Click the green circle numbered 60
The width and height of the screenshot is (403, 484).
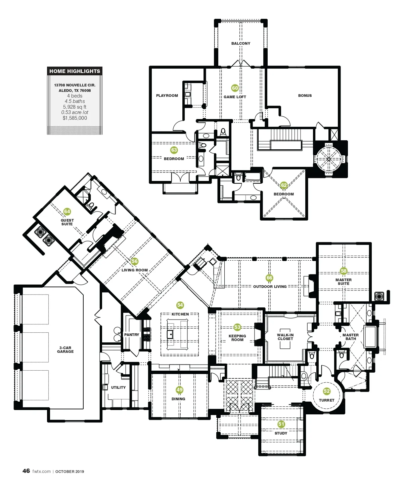[235, 88]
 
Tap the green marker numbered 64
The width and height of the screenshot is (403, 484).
[67, 212]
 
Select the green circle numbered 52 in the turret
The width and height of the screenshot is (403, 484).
[327, 391]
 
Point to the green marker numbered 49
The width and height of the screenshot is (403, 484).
[179, 390]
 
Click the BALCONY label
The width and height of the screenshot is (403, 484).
[241, 43]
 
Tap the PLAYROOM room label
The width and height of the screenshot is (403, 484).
[167, 96]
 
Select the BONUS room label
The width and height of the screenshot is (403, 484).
[305, 96]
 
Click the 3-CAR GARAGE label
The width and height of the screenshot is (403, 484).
[65, 349]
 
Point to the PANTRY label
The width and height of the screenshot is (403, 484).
[131, 335]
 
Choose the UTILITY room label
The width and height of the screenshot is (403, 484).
[118, 387]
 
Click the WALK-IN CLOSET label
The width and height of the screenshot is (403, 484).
[285, 337]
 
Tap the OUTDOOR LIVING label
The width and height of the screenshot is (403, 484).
[270, 287]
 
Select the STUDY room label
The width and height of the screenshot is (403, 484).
[281, 433]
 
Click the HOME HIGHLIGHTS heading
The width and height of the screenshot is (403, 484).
[75, 71]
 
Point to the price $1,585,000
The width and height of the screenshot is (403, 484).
[75, 118]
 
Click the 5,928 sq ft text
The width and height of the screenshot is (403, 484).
[75, 107]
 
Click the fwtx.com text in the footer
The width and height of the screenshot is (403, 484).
[41, 471]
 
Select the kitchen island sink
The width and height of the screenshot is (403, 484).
[170, 334]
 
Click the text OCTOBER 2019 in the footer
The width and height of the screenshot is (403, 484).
[70, 472]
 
